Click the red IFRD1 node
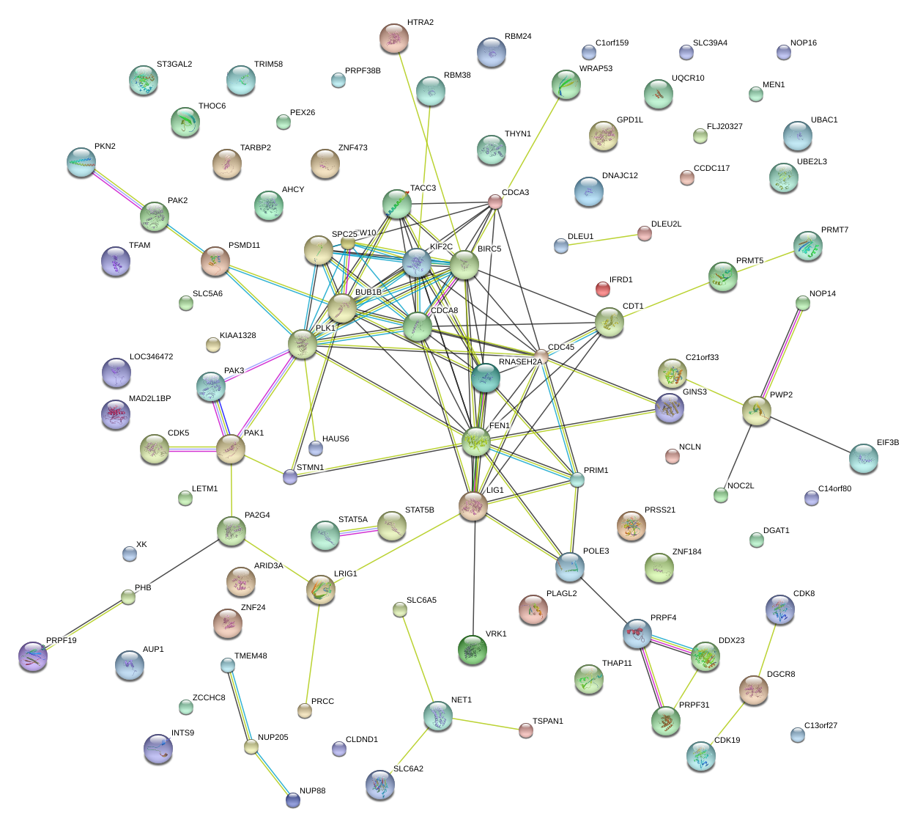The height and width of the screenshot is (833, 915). tap(602, 289)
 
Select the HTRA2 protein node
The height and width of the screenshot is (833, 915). tap(394, 38)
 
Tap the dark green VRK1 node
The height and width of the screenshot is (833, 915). tap(472, 650)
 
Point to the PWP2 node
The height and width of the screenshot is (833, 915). tap(756, 411)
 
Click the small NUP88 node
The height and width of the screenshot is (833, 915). tap(293, 800)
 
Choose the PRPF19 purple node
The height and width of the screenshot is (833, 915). tap(33, 656)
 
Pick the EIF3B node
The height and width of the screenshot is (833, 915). tap(863, 458)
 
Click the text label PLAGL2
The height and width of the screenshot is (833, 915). tap(561, 593)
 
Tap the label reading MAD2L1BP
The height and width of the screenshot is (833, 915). tap(149, 399)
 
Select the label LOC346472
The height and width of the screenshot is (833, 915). tap(151, 357)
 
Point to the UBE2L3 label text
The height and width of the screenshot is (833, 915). tap(812, 162)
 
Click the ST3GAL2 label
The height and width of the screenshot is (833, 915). tap(174, 65)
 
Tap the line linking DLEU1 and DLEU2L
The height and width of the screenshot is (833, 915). tap(602, 240)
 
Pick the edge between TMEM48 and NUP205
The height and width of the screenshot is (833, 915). tap(240, 707)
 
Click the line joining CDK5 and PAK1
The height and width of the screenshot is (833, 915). tap(193, 449)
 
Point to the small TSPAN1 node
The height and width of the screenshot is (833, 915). tap(525, 730)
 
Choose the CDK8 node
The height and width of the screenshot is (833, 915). tap(779, 608)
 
